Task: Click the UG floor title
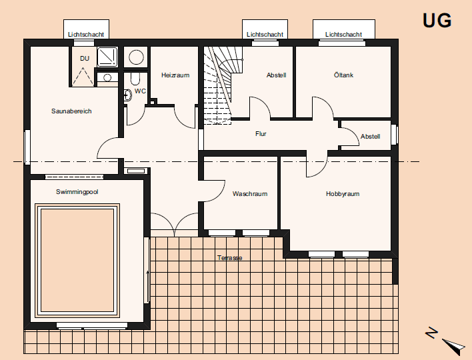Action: coord(437,21)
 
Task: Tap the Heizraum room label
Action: coord(175,75)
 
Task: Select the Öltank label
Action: coord(343,75)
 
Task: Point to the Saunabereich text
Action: coord(71,111)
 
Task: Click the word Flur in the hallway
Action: coord(261,134)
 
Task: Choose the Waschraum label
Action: coord(250,194)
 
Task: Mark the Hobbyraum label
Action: coord(343,194)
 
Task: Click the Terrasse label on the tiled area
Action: coord(229,257)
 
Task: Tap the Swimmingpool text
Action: coord(77,191)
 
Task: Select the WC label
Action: coord(140,91)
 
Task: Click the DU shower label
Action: coord(85,59)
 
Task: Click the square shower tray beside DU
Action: coord(107,57)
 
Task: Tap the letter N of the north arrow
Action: coord(432,332)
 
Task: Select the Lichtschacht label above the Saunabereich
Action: coord(86,34)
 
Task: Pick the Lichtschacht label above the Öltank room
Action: coord(343,34)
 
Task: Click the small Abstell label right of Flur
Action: coord(370,137)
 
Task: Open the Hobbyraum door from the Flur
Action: coord(317,165)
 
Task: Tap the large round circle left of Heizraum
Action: coord(137,57)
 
